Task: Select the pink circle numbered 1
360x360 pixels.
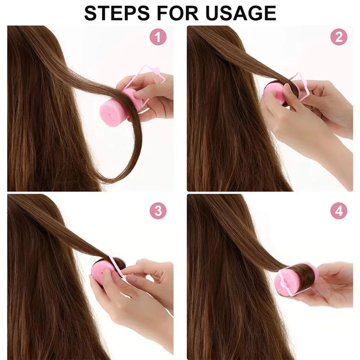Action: (158, 37)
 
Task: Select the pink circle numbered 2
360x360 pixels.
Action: (338, 37)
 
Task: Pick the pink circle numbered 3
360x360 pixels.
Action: (158, 211)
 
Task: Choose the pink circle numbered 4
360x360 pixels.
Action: (338, 211)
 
